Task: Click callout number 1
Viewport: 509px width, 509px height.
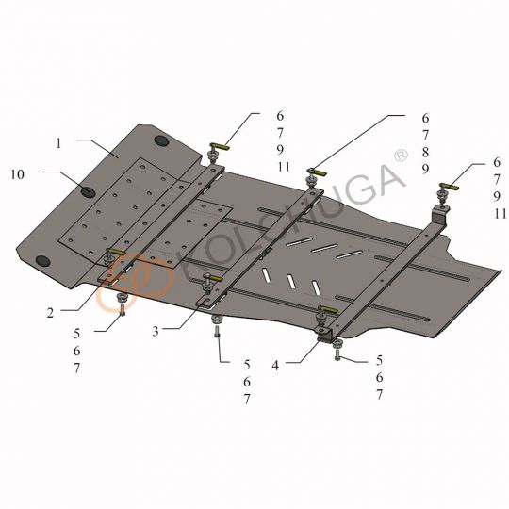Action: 58,143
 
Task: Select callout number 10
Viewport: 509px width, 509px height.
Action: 18,174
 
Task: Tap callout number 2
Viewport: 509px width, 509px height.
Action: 50,313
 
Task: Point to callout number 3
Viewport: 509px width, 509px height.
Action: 156,331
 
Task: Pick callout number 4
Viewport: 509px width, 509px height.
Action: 275,366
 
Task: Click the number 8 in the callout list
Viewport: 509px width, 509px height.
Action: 425,152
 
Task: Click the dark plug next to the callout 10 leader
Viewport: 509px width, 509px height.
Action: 88,192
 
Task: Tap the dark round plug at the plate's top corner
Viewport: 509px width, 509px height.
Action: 162,140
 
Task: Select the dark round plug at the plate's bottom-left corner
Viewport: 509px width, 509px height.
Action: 42,261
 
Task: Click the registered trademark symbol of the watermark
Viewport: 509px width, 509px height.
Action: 401,156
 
